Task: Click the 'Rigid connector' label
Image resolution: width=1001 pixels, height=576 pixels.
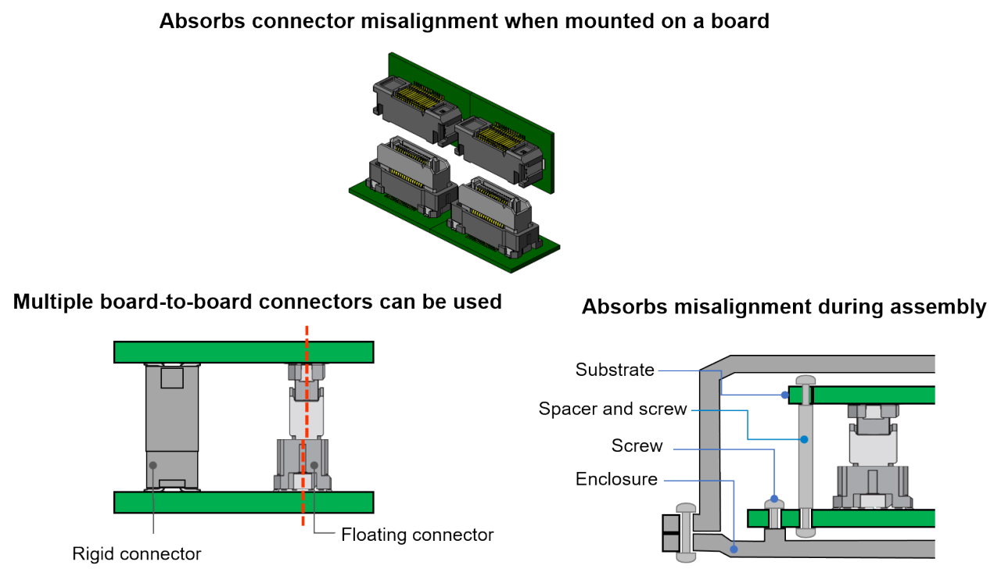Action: tap(137, 554)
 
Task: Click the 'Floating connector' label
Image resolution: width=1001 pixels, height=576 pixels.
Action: tap(418, 535)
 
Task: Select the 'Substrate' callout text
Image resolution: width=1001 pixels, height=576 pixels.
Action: tap(615, 369)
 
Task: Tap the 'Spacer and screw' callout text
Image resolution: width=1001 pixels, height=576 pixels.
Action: tap(612, 408)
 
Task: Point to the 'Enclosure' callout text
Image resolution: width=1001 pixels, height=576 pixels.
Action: tap(616, 478)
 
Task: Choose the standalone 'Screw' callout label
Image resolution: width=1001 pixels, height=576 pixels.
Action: tap(637, 445)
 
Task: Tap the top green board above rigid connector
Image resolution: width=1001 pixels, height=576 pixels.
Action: tap(242, 352)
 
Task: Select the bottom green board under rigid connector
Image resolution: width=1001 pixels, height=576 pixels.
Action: tap(242, 502)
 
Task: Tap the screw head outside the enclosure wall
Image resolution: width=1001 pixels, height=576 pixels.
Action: tap(685, 531)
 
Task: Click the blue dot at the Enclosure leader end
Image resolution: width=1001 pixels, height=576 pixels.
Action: tap(734, 550)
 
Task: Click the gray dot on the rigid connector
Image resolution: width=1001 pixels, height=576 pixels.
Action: tap(153, 465)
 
